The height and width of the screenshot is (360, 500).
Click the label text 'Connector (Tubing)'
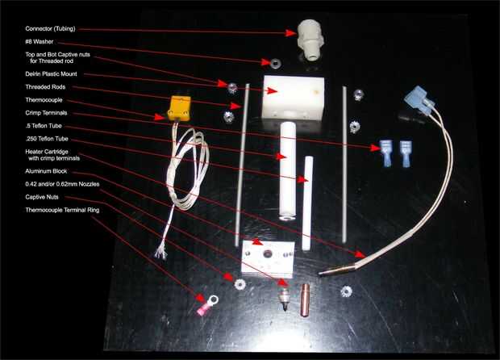[x=50, y=29]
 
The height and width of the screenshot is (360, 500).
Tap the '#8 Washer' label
[x=40, y=42]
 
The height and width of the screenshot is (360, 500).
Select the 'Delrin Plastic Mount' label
[x=51, y=74]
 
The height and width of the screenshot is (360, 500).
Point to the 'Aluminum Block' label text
[x=46, y=171]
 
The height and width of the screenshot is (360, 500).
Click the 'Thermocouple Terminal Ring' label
[x=62, y=210]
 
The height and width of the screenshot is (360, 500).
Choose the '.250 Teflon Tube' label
[x=47, y=139]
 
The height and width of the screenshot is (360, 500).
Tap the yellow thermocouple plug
[x=179, y=109]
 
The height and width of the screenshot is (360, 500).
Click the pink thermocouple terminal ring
[x=207, y=305]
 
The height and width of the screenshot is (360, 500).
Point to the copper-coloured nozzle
[x=305, y=300]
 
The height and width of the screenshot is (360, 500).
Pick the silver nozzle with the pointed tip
[x=284, y=299]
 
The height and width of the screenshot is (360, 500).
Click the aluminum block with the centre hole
[x=268, y=259]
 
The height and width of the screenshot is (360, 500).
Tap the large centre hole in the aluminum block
[x=267, y=254]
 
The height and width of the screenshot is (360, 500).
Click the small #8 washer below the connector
[x=275, y=63]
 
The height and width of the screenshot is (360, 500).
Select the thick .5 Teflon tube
[x=287, y=172]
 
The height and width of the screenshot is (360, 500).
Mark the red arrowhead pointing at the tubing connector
[x=291, y=33]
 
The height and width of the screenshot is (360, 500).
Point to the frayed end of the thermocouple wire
[x=160, y=253]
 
